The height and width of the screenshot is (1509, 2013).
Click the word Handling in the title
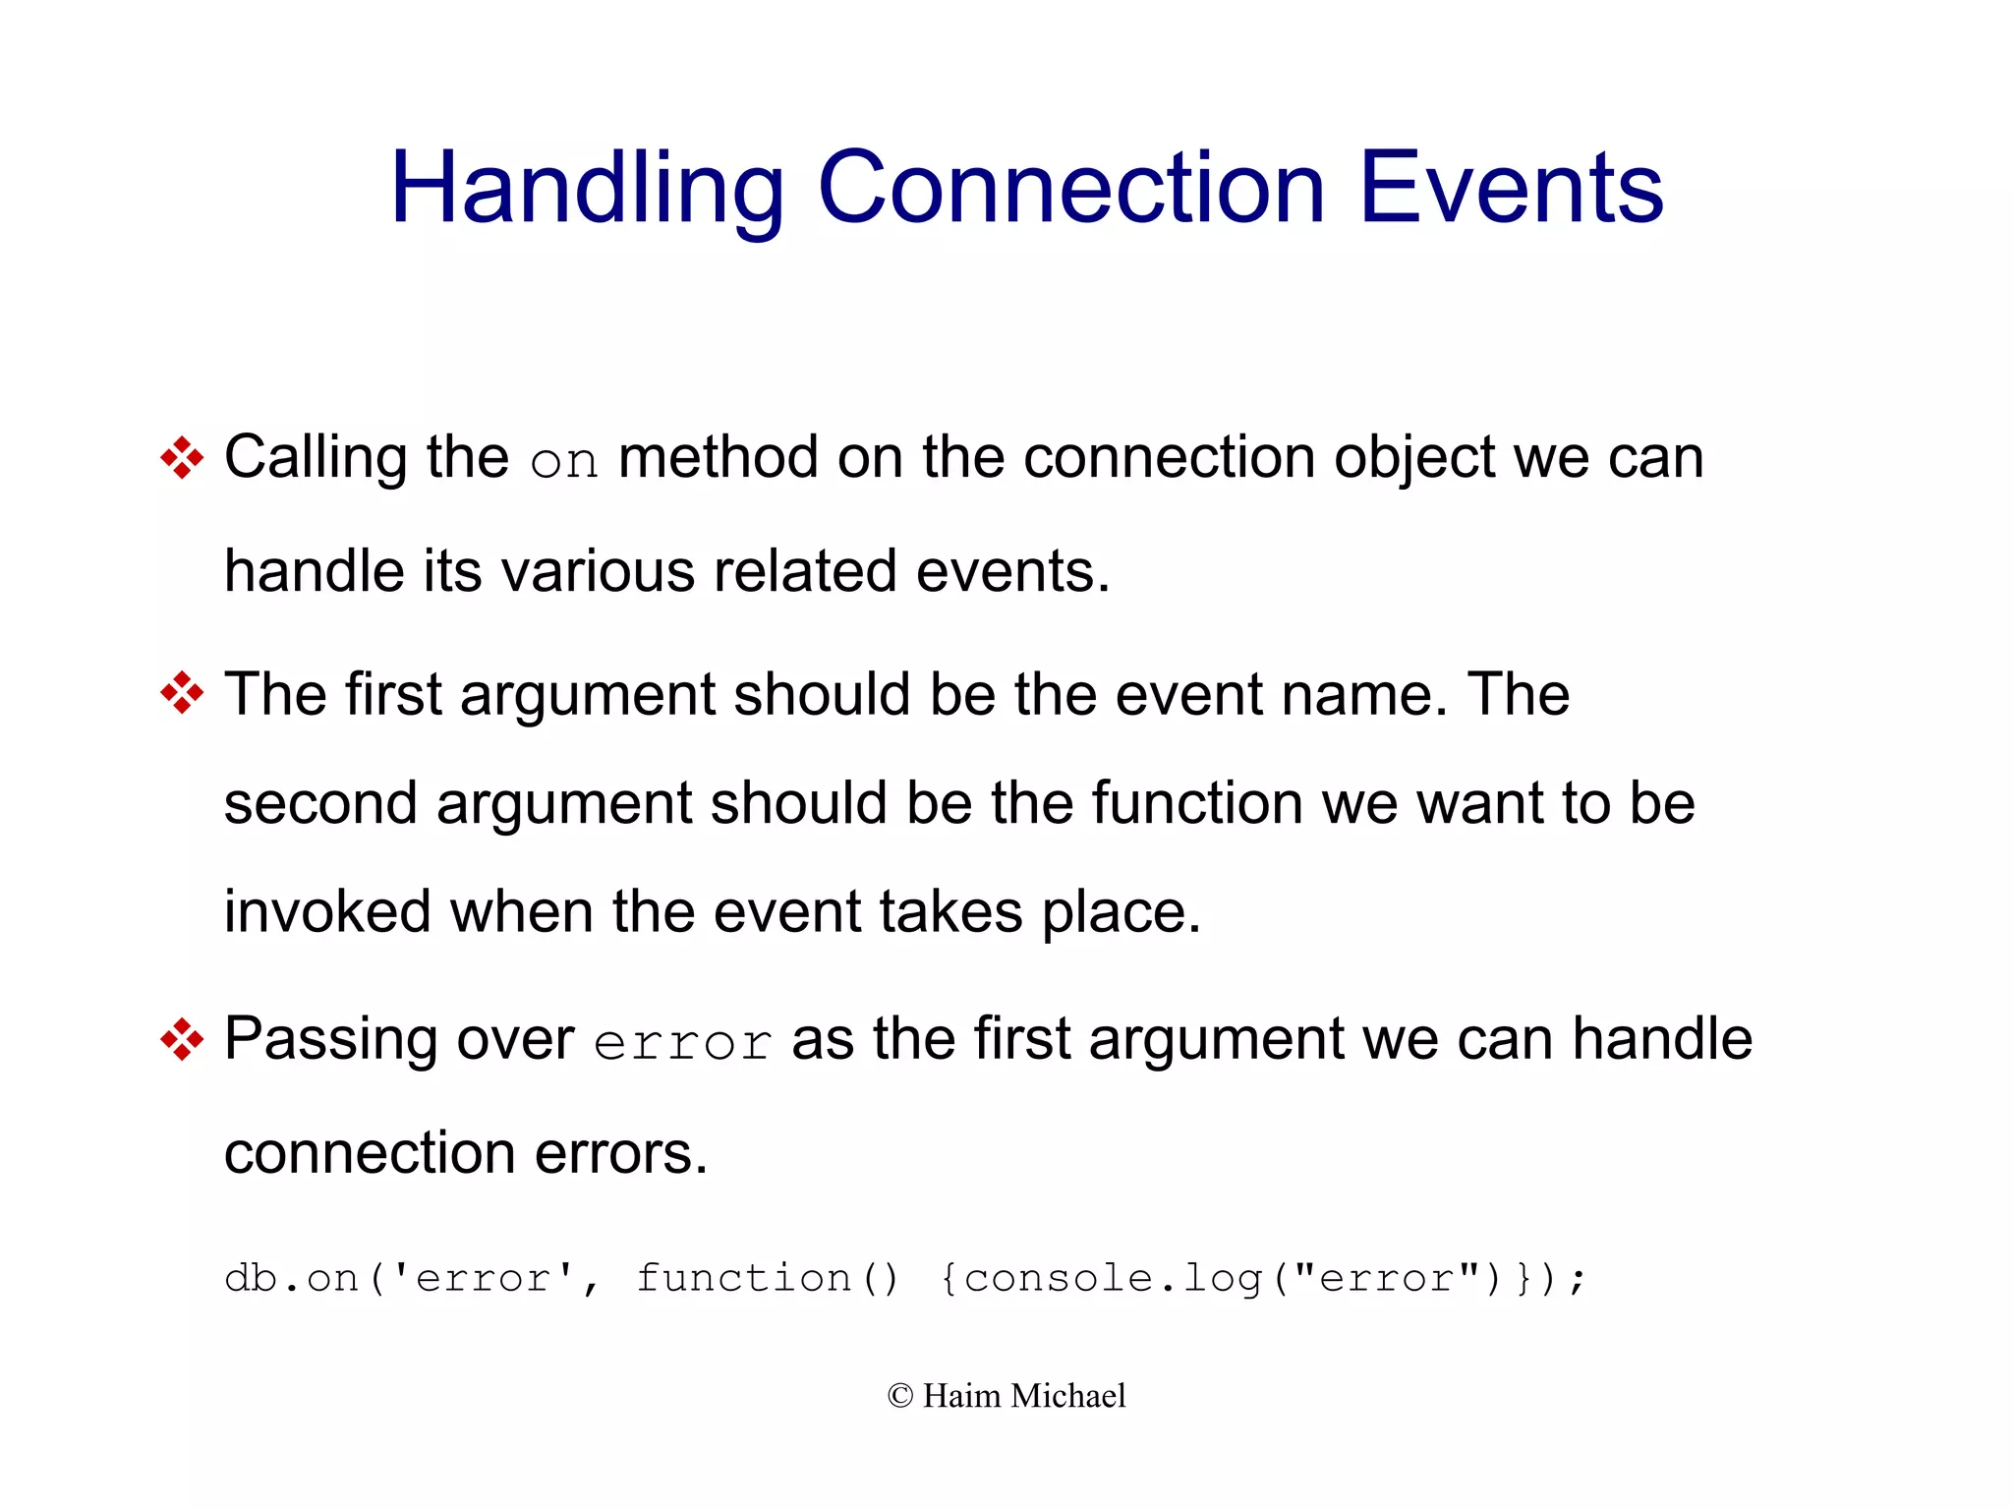click(587, 189)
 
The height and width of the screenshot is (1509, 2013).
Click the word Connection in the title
click(1070, 189)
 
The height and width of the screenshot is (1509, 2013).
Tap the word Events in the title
click(1511, 189)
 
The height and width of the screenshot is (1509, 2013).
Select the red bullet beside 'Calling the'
click(182, 458)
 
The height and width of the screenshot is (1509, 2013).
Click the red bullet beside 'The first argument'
click(182, 694)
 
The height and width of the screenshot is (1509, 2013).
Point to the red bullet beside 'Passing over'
click(182, 1039)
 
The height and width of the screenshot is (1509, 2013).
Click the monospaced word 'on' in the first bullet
click(563, 462)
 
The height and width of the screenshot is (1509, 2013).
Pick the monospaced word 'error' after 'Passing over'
click(682, 1043)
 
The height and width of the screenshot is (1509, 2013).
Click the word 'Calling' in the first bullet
click(316, 458)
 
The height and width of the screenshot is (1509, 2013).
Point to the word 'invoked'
click(327, 911)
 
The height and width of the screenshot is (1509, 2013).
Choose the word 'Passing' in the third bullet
click(331, 1040)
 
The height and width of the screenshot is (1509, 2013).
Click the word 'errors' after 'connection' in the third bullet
click(620, 1152)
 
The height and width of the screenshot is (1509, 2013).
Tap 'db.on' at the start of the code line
click(291, 1278)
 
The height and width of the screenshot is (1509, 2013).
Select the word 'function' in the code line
click(743, 1278)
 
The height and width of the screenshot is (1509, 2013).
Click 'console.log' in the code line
click(1113, 1278)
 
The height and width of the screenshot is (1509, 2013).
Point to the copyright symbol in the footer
click(899, 1396)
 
